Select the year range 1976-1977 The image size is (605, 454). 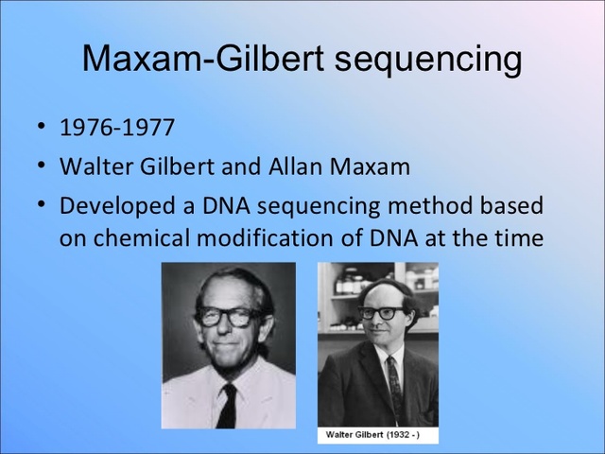(x=117, y=127)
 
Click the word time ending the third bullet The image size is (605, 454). (x=519, y=236)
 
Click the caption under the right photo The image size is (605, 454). (x=376, y=435)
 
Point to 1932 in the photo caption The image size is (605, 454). (x=403, y=435)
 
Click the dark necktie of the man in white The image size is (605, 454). (x=226, y=405)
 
